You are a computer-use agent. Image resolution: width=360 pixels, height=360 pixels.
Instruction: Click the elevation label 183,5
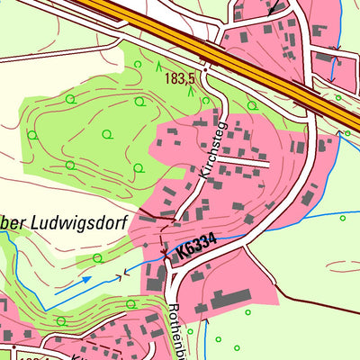coord(180,79)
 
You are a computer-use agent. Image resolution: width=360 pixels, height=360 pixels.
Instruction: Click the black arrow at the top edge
coord(273,9)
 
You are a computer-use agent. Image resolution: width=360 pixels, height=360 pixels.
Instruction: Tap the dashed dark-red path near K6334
coord(162,236)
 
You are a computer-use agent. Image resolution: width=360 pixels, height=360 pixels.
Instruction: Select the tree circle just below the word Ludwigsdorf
coord(98,258)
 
